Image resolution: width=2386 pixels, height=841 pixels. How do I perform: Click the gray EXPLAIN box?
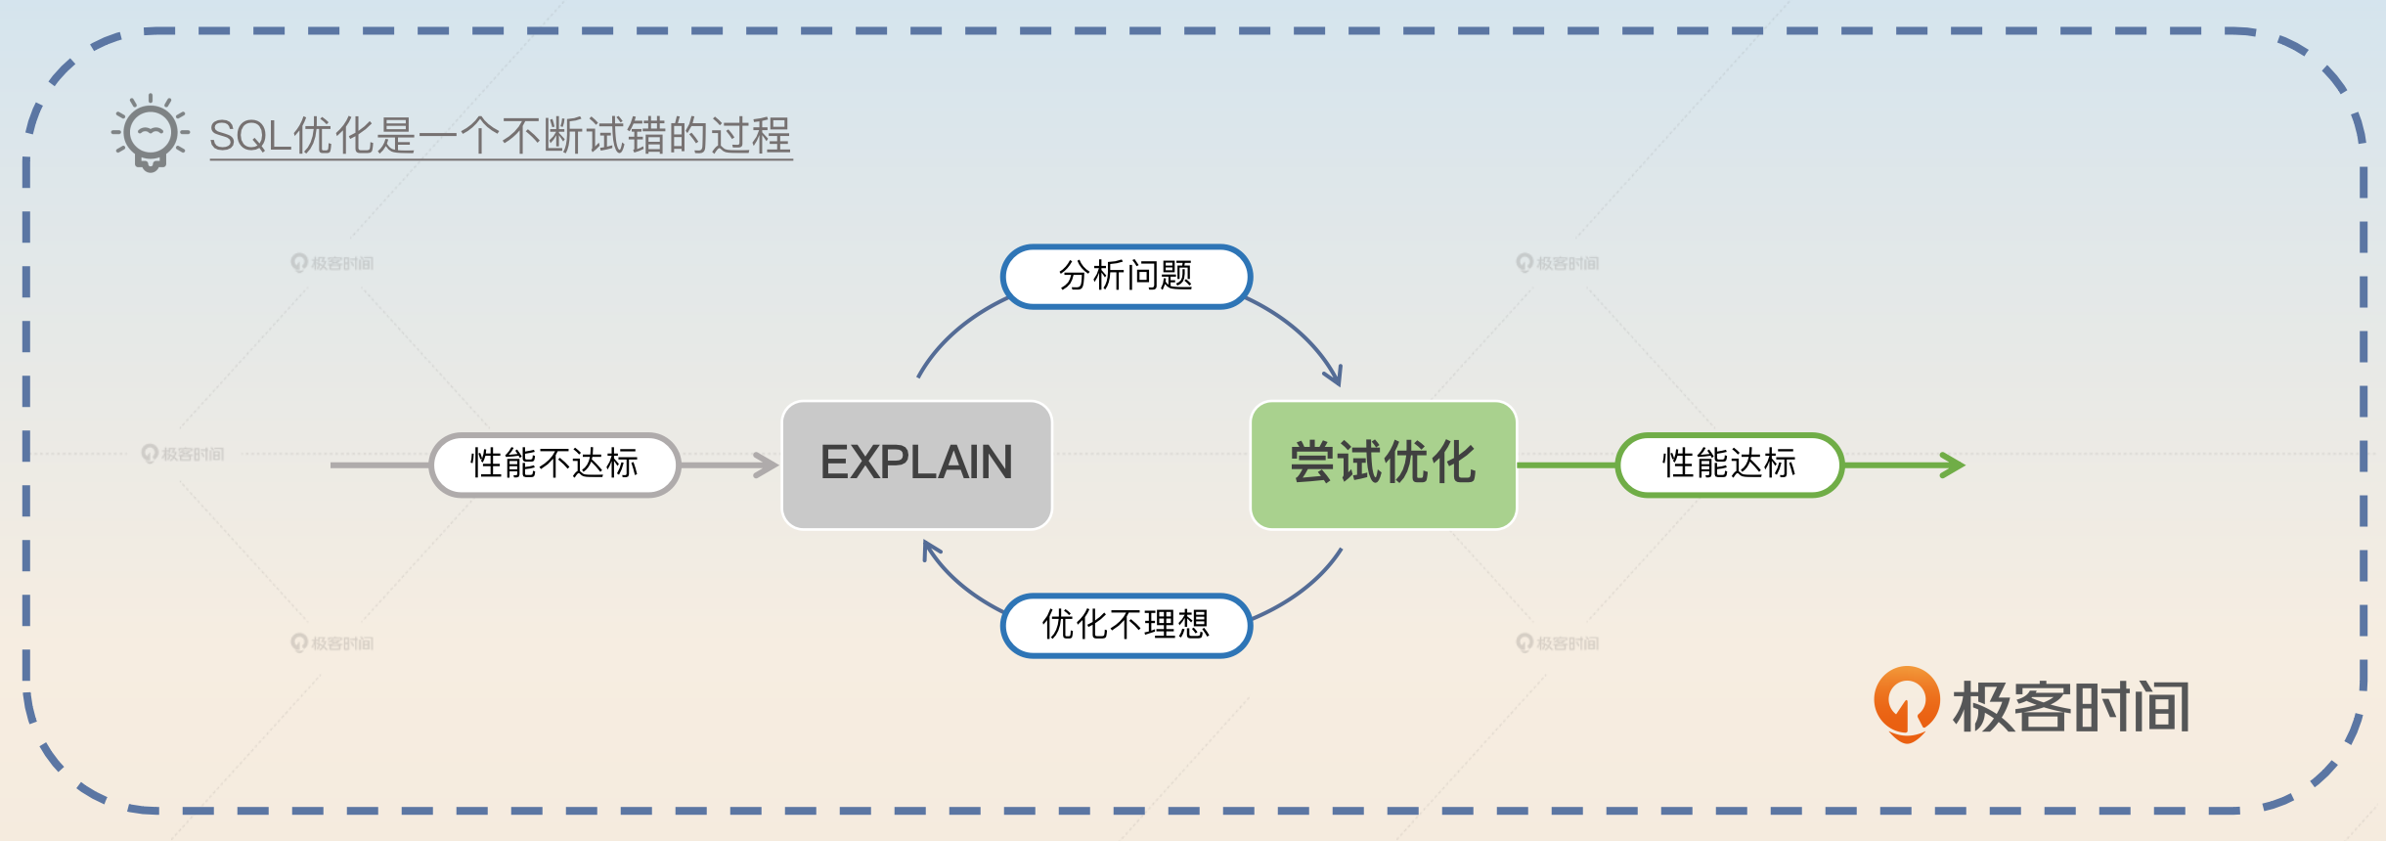pos(916,465)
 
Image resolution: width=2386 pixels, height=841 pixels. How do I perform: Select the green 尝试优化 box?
pos(1383,465)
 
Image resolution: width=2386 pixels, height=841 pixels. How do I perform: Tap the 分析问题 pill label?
pos(1126,277)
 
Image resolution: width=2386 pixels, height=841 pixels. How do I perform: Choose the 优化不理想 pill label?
pos(1126,625)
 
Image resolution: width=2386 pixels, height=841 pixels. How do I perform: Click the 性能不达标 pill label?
pos(554,465)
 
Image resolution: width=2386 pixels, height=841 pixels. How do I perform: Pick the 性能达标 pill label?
pos(1729,465)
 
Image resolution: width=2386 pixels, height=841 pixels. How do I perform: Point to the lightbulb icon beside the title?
pos(150,133)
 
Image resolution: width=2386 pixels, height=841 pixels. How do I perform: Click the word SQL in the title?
pos(249,135)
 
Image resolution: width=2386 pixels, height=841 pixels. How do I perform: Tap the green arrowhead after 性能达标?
pos(1954,465)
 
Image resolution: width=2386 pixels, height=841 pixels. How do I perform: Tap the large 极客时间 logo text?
pos(2071,706)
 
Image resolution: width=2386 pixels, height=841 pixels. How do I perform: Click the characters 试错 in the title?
pos(626,135)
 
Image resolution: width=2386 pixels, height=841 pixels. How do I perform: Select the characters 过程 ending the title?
pos(750,135)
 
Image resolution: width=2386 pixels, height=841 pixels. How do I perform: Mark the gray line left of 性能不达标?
pos(379,465)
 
